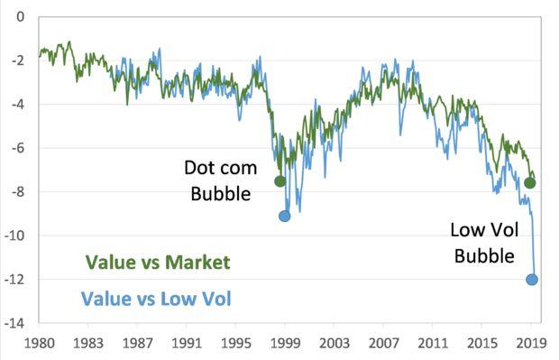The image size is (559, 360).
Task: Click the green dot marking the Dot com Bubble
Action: (279, 181)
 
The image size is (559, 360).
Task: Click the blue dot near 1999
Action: (285, 216)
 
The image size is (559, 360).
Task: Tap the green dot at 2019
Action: (530, 183)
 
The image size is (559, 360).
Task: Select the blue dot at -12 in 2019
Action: (532, 280)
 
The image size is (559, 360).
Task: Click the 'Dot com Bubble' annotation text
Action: (221, 180)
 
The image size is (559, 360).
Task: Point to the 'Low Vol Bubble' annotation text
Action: (484, 243)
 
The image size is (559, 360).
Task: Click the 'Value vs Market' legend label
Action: (158, 263)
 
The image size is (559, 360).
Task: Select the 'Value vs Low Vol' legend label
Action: (156, 297)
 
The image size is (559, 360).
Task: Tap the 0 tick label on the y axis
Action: (21, 17)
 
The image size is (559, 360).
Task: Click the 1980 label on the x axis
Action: (40, 344)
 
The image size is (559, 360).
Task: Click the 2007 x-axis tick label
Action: (384, 344)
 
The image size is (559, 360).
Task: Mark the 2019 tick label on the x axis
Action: (532, 344)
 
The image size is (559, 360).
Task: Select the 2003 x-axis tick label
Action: (334, 344)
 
